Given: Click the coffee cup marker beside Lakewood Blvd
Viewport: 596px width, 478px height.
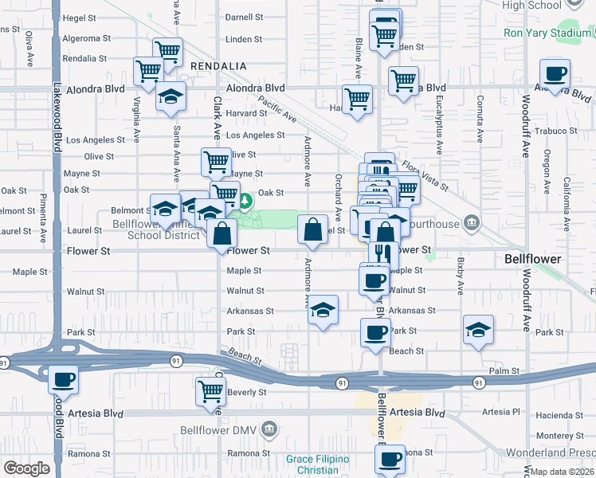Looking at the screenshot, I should [x=64, y=379].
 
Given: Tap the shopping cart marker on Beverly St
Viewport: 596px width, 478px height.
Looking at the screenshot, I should [x=211, y=390].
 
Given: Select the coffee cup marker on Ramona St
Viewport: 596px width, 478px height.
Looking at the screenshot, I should [x=390, y=459].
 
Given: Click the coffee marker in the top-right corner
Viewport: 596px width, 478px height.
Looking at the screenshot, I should [x=555, y=74].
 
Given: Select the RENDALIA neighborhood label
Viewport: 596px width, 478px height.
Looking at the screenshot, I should [x=218, y=65].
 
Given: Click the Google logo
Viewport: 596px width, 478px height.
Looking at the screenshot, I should [x=26, y=468].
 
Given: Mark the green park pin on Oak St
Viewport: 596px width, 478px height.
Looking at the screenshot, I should [x=246, y=198].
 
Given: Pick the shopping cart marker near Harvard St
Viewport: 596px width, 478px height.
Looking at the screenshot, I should [x=357, y=100].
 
